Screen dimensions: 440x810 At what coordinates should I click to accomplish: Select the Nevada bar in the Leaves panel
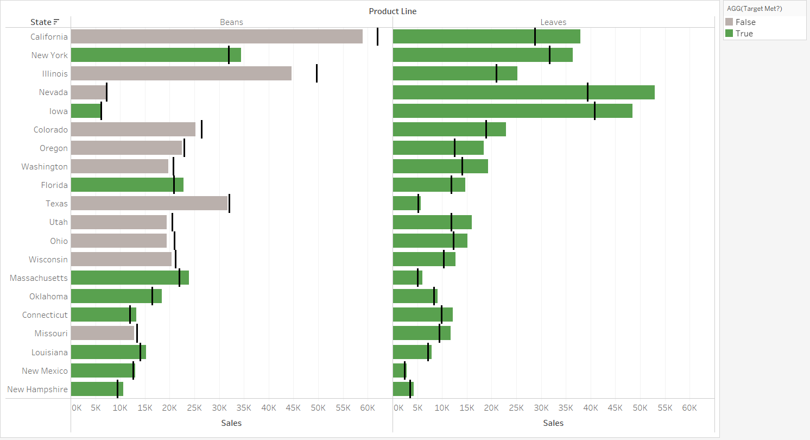(x=523, y=92)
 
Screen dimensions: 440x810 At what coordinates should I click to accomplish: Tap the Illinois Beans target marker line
(x=317, y=73)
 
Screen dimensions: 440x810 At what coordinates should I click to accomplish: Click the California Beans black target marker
(x=377, y=36)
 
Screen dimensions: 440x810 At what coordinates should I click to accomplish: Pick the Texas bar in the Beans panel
(x=149, y=203)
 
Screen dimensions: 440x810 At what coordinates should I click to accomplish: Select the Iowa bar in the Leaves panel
(x=512, y=111)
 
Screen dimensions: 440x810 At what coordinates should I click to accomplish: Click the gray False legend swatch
(x=729, y=22)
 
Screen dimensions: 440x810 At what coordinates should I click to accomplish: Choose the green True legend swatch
(x=729, y=34)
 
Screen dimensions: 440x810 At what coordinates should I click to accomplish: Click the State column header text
(x=41, y=22)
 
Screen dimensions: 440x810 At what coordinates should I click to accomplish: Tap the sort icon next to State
(x=56, y=22)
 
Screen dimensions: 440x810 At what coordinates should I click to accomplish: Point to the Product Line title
(x=393, y=11)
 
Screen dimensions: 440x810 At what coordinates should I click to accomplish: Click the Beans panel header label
(x=231, y=22)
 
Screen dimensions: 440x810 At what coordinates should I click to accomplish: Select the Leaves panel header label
(x=553, y=22)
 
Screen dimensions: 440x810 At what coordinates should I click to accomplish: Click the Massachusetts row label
(x=39, y=278)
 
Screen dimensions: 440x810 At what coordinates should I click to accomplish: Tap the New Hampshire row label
(x=37, y=389)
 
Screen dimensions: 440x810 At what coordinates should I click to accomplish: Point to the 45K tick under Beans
(x=293, y=407)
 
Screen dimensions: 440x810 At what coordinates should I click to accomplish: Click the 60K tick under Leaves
(x=689, y=407)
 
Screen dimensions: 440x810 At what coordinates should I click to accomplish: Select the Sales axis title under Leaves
(x=553, y=423)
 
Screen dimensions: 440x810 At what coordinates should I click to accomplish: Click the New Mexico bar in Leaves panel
(x=399, y=370)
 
